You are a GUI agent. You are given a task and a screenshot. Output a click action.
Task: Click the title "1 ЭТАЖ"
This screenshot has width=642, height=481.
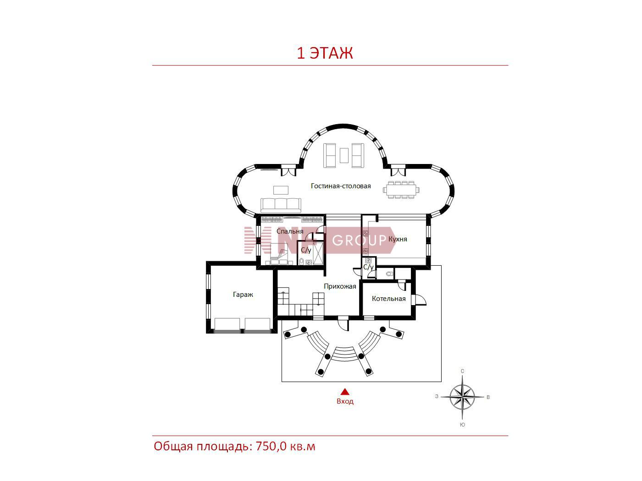tap(325, 53)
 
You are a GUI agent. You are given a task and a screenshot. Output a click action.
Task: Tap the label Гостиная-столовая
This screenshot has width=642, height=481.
tap(341, 186)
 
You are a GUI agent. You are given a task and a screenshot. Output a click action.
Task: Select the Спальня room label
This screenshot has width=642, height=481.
tap(290, 231)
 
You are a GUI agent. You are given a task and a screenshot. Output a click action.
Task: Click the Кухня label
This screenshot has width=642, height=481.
tap(398, 239)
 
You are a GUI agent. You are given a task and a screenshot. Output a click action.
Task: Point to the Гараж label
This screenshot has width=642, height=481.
tap(243, 295)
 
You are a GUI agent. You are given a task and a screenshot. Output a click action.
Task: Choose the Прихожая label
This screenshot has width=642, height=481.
tap(340, 286)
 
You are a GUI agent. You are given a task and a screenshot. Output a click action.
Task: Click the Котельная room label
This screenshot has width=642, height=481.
tap(389, 299)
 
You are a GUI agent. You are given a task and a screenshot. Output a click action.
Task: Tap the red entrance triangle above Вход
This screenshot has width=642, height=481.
tap(345, 392)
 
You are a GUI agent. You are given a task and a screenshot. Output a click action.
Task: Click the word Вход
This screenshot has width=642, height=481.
tap(345, 401)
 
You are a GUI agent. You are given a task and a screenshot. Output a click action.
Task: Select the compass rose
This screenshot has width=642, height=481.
tap(462, 397)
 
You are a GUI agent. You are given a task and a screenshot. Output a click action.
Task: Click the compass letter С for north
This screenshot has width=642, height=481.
tap(462, 371)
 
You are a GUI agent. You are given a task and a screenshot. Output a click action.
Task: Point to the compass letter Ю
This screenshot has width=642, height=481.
tap(462, 425)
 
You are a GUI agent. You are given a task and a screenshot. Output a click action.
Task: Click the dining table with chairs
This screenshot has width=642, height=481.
tap(401, 190)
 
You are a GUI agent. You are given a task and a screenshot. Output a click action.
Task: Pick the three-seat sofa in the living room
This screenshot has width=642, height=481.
tap(281, 205)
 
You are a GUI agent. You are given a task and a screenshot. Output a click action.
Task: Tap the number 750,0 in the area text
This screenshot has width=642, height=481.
tap(271, 447)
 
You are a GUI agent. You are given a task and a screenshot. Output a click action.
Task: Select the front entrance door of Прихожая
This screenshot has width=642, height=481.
tap(343, 323)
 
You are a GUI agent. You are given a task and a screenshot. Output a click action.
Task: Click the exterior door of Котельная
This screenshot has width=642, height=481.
tap(419, 300)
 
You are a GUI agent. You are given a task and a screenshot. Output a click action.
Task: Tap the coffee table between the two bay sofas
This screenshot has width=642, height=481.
tap(344, 155)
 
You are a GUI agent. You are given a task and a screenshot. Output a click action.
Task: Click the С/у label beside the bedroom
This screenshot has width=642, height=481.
tap(306, 250)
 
